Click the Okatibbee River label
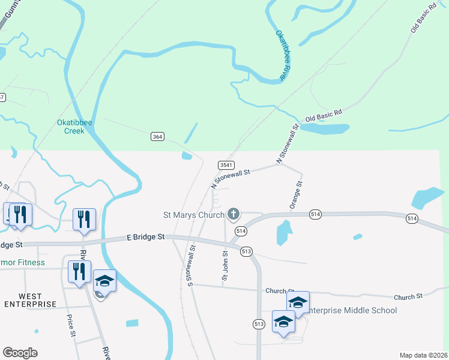281,56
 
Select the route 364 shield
157,137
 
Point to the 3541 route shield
226,164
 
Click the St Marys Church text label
194,214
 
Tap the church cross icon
234,214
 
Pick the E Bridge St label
146,238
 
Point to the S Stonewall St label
191,265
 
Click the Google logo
20,353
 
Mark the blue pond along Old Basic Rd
324,128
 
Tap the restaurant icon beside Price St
79,271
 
